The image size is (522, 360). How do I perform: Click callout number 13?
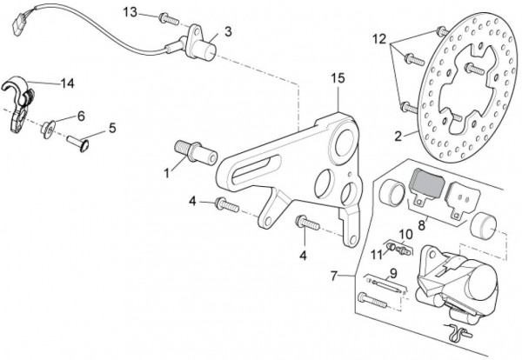point(130,11)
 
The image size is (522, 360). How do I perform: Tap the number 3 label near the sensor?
point(228,32)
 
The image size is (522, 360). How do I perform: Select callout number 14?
point(67,83)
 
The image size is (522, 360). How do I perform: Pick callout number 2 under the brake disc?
point(398,136)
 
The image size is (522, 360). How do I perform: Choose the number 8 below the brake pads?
point(421,224)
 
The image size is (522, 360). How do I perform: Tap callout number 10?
point(405,234)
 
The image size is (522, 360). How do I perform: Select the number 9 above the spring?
point(393,273)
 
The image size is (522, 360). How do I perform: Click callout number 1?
point(165,171)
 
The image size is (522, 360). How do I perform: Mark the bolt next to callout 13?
point(169,17)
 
